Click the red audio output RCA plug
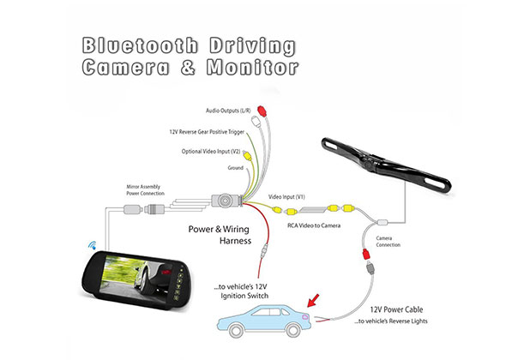tap(262, 111)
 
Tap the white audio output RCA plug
tap(256, 122)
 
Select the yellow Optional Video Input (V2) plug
tap(247, 156)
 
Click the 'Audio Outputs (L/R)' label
tap(228, 111)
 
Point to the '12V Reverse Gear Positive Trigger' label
tap(207, 132)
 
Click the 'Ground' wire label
tap(235, 168)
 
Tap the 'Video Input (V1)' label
tap(286, 197)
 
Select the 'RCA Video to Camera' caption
tap(314, 225)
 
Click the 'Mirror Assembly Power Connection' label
tap(145, 190)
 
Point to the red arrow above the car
tap(313, 300)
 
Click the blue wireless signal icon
tap(93, 245)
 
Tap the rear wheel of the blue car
tap(293, 330)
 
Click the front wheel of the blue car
tap(235, 330)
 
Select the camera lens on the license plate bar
tap(368, 164)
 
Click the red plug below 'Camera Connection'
tap(366, 255)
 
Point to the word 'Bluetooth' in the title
tap(140, 45)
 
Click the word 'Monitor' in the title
tap(252, 68)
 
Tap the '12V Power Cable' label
tap(396, 309)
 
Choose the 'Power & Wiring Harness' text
tap(220, 235)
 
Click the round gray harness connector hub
tap(225, 201)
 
